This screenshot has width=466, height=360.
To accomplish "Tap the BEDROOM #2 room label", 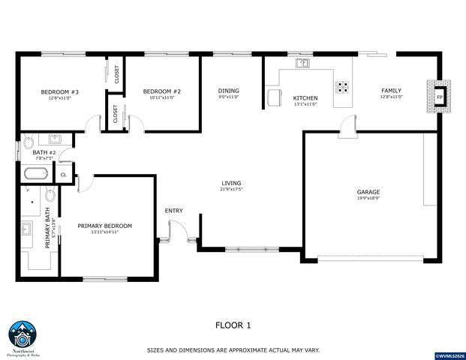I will click(161, 91).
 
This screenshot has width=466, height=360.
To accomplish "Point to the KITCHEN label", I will click(305, 98).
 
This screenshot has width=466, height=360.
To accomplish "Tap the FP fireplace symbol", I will click(439, 96).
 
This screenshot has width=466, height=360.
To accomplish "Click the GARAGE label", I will click(368, 192).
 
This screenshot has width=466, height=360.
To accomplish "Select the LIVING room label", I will click(231, 183).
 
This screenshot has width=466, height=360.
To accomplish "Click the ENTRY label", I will click(173, 210).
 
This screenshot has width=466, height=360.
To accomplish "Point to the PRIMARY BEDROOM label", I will click(105, 226).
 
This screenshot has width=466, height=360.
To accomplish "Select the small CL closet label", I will click(63, 175).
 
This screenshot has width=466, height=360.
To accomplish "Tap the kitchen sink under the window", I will click(302, 64).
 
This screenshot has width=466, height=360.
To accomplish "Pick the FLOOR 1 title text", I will click(233, 325).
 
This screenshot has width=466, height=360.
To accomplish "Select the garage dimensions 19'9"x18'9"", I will click(368, 199).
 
